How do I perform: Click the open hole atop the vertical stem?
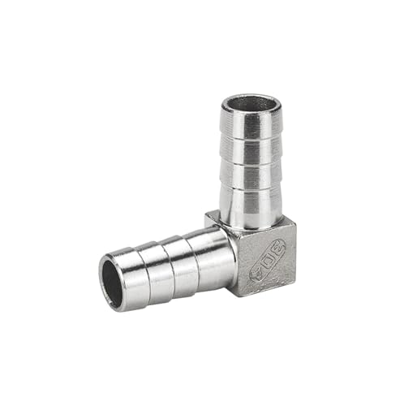pos(252,105)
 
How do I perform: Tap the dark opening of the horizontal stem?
pos(111,283)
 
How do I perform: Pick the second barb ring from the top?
pos(252,153)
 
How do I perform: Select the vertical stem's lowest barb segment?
pos(251,205)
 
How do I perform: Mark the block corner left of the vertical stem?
pos(208,217)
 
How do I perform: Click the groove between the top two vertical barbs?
pos(252,140)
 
